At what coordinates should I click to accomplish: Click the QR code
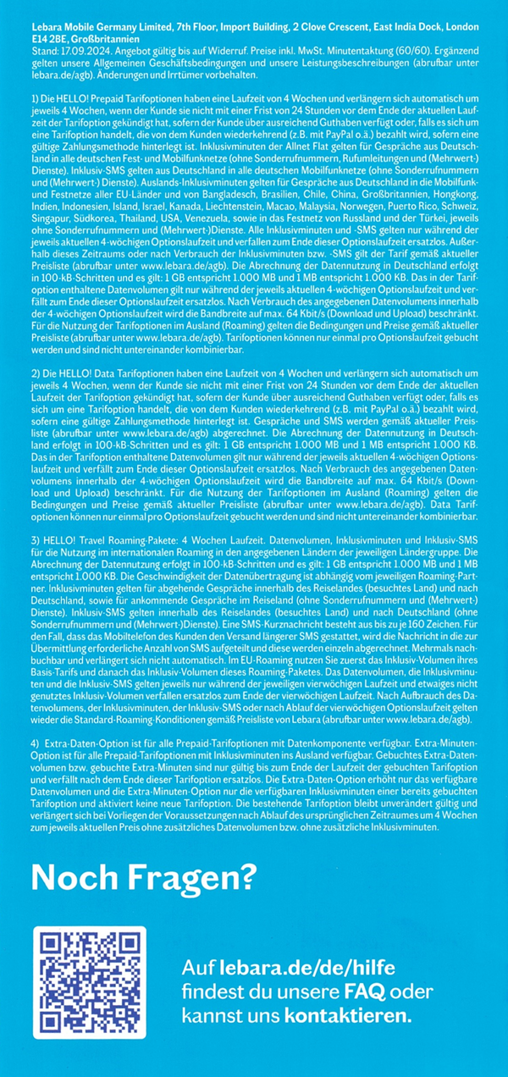[x=89, y=982]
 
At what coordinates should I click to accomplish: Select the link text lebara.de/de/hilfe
[x=301, y=968]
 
